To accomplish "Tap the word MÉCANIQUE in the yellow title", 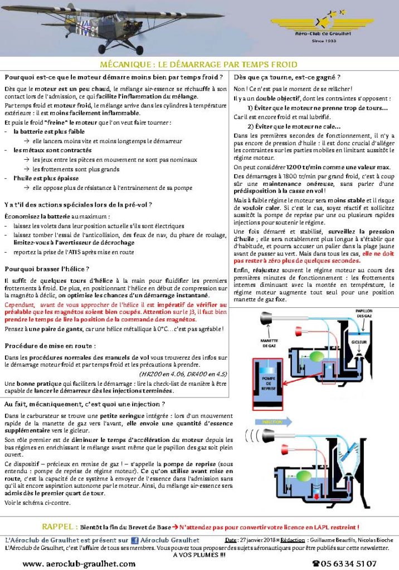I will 129,65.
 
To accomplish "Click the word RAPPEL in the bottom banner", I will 59,527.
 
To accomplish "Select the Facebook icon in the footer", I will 134,540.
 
